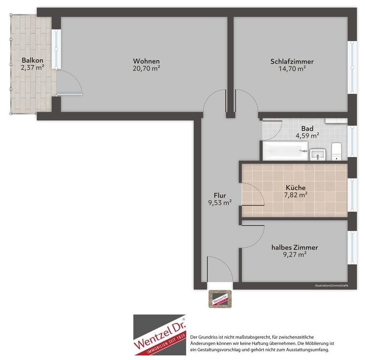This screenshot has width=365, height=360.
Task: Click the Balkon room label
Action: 32,60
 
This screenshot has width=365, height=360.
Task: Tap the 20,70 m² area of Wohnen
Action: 146,69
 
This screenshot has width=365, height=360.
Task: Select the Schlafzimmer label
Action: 292,62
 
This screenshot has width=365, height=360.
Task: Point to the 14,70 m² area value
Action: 292,69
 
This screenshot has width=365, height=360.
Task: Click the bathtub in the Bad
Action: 285,151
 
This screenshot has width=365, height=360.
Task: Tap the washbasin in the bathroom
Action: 318,154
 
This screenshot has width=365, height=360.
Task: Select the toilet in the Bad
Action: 336,152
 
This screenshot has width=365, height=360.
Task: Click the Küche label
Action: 296,188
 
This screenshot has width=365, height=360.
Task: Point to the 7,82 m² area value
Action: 296,194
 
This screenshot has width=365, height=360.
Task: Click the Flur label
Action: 220,195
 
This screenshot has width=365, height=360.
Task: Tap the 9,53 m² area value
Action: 220,203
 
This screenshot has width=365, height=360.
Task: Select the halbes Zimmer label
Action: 295,247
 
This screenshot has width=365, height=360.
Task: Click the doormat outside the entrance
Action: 220,299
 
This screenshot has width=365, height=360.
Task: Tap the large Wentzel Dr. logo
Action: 160,335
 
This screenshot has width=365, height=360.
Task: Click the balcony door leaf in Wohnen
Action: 69,95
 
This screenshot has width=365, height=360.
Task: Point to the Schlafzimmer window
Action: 352,68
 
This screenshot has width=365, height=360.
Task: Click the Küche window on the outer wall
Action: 352,195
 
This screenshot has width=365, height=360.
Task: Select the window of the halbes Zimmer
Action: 352,247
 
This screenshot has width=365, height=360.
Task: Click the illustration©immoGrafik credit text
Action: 331,286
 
